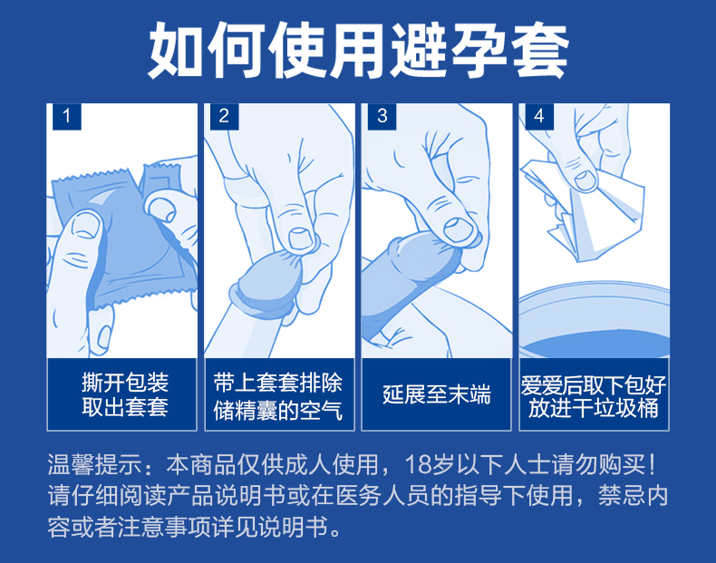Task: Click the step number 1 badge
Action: [67, 116]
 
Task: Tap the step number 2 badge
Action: [224, 116]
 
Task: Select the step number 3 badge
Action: [382, 116]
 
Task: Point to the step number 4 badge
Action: [539, 116]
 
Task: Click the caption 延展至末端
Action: [437, 394]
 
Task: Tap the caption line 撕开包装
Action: [125, 383]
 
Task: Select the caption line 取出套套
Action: [125, 407]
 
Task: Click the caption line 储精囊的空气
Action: [277, 410]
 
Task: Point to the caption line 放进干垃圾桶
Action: [593, 408]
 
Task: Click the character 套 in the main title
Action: [540, 50]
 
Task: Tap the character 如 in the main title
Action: [176, 50]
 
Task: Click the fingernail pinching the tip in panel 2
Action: [302, 238]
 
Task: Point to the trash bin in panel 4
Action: [594, 320]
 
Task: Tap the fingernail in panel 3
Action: [459, 229]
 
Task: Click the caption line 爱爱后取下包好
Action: [593, 385]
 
